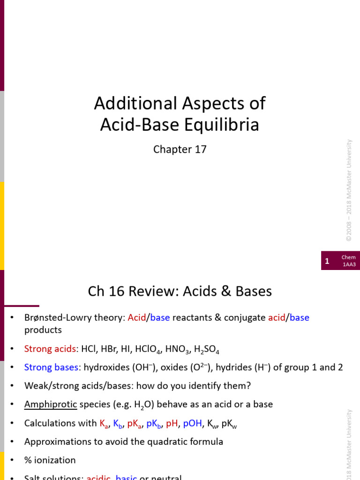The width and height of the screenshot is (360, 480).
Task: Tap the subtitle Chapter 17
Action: (180, 150)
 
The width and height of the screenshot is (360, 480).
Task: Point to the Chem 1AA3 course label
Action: (348, 261)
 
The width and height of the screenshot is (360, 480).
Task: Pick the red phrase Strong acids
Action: (50, 349)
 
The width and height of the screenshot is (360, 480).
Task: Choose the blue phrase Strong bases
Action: (51, 367)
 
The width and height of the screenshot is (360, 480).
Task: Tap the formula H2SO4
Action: (207, 350)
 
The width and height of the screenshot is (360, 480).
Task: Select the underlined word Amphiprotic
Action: (50, 404)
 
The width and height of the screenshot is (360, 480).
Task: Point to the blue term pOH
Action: (192, 423)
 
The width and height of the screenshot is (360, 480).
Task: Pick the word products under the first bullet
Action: (43, 330)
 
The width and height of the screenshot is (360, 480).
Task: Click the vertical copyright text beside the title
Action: (349, 190)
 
